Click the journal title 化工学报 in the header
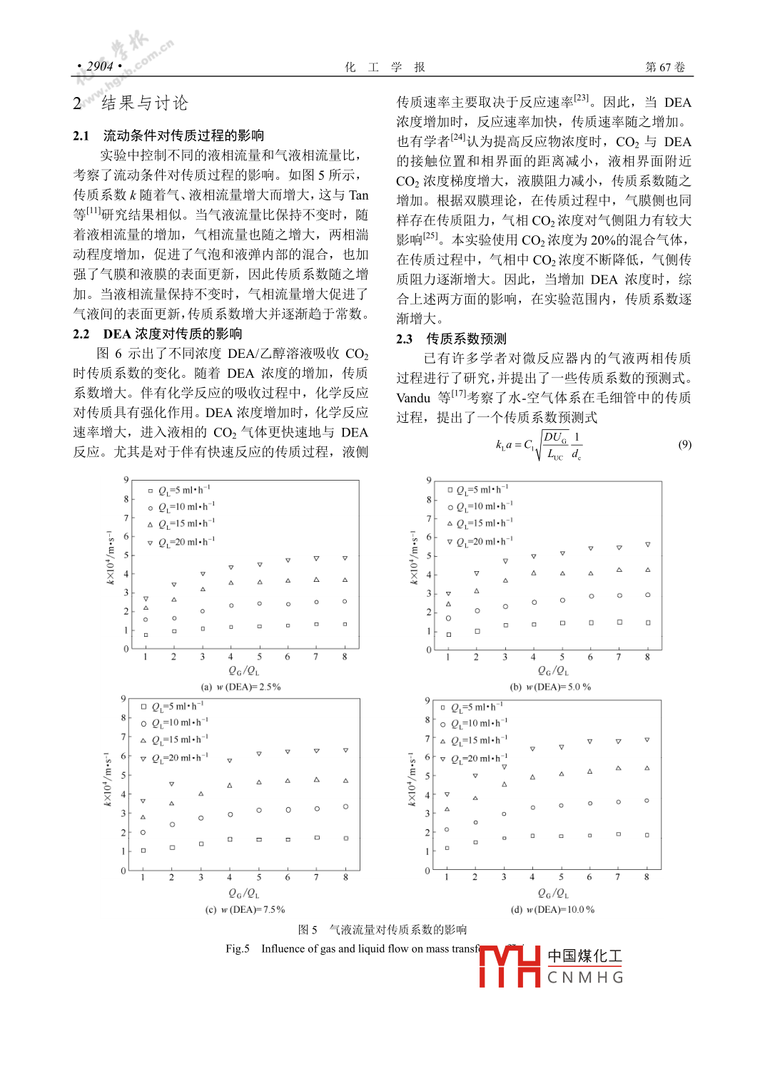tap(385, 67)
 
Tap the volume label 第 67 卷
tap(664, 67)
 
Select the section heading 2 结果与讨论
tap(131, 103)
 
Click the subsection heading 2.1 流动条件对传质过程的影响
tap(168, 135)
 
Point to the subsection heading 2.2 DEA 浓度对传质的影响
tap(158, 334)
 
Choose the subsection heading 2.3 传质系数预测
tap(451, 339)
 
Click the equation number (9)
tap(684, 444)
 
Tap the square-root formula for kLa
tap(539, 445)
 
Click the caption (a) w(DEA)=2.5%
tap(240, 687)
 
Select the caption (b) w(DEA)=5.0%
tap(550, 687)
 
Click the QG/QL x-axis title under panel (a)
tap(243, 671)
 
